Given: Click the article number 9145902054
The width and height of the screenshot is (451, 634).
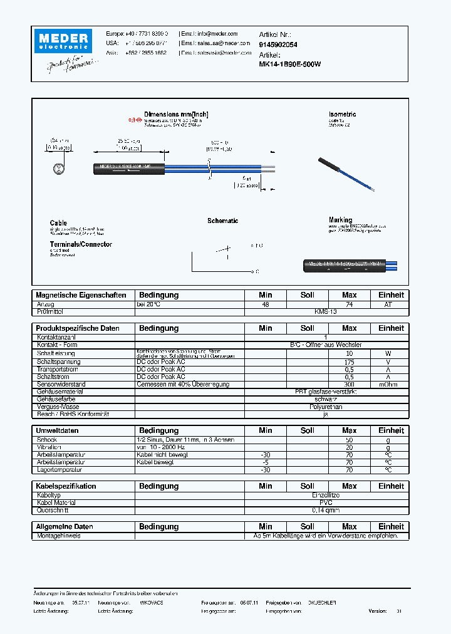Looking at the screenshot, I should [x=278, y=45].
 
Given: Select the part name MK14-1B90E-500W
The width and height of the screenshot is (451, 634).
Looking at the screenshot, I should [x=290, y=65].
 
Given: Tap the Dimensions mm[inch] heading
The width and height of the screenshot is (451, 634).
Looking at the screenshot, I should [x=176, y=115].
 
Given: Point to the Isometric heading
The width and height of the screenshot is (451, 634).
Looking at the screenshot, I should [x=342, y=115].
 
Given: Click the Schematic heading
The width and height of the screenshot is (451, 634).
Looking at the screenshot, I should [x=222, y=221].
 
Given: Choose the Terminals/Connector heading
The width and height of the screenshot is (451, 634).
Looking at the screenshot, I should [x=81, y=244].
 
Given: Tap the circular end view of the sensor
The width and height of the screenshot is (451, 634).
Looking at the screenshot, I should [x=58, y=169].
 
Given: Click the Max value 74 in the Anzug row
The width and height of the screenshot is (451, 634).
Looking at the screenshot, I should [x=349, y=304].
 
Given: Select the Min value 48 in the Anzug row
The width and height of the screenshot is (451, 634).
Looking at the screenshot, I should [x=265, y=304].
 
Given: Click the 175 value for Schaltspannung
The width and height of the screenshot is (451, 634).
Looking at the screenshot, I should [x=349, y=361].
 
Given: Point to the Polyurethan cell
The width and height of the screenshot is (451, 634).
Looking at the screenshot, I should [x=325, y=407].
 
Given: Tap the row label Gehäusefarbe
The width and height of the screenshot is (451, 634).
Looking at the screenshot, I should [x=57, y=399].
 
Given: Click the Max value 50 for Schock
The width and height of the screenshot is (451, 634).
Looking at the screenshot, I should [x=349, y=440].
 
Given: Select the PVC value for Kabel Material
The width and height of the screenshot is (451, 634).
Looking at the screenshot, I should [x=325, y=502].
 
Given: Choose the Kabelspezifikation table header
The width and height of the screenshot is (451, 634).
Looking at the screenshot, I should [x=66, y=486].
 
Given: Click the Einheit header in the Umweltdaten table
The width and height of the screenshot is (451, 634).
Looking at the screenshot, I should [x=391, y=430].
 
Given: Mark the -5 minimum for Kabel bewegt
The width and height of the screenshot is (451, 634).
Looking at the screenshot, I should [x=265, y=462].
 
